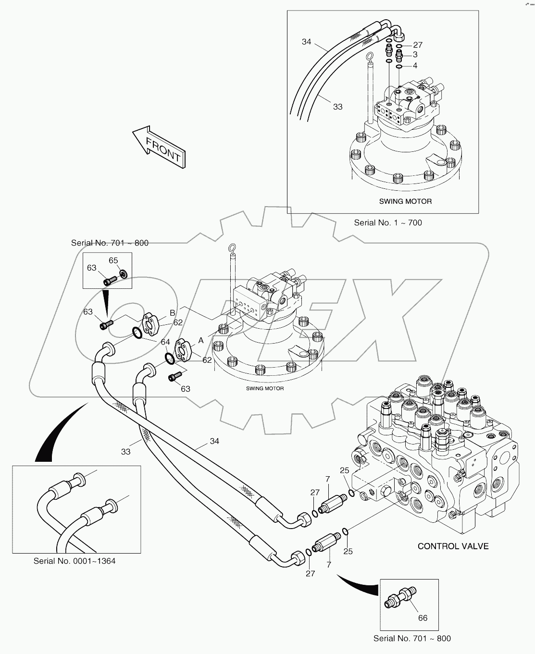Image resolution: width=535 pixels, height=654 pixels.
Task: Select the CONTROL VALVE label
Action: tap(453, 546)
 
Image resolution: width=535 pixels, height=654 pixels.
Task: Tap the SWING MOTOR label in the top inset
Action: tap(405, 201)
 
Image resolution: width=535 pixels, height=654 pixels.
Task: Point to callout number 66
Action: tap(423, 617)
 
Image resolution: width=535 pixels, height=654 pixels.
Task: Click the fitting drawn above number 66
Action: tap(401, 597)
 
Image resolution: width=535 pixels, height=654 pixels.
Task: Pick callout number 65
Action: tap(113, 260)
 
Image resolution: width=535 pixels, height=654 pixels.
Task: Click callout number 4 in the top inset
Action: tap(415, 65)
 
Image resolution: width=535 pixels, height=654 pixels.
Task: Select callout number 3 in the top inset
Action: tap(415, 55)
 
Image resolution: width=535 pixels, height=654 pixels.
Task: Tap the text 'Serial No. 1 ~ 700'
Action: tap(388, 222)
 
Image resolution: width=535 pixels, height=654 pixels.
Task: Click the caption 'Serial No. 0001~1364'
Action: tap(75, 561)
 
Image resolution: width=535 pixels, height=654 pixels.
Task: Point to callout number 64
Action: tap(165, 342)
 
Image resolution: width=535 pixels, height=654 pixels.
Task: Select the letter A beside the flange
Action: tap(201, 340)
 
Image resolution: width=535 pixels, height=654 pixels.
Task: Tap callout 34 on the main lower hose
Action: tap(214, 441)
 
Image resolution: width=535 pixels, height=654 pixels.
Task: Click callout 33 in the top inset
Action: tap(338, 107)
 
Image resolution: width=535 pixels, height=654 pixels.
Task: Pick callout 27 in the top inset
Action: tap(417, 45)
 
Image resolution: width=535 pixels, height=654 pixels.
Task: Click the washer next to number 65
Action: tap(123, 274)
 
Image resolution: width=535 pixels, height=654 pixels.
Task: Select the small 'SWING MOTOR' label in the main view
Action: tap(264, 388)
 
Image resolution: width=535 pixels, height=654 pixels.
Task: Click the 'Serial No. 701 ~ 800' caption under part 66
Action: tap(412, 638)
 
